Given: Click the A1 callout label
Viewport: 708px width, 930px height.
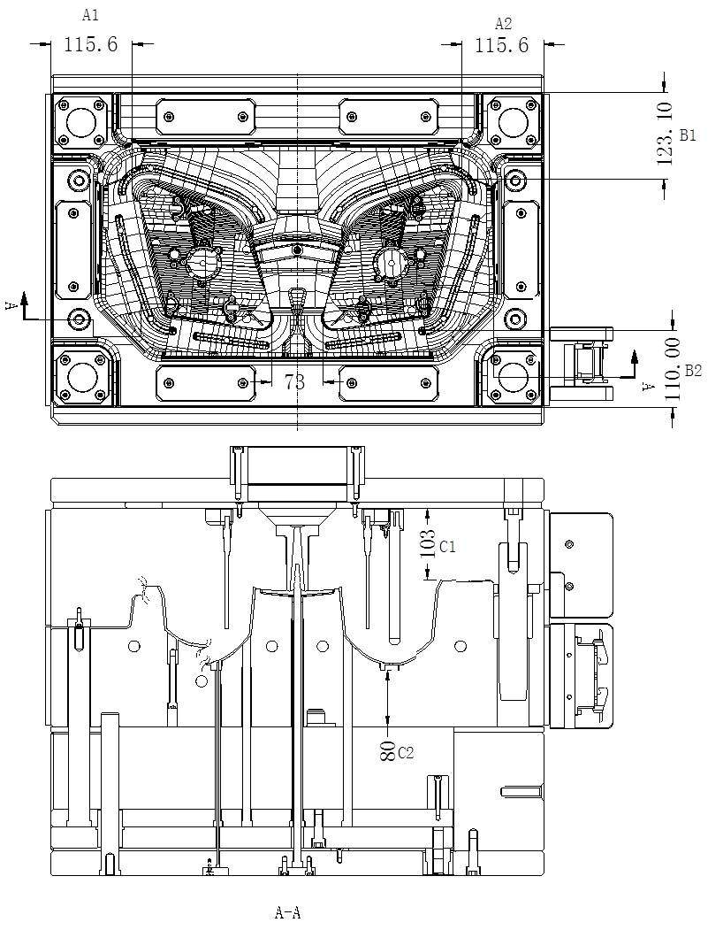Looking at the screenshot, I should [90, 15].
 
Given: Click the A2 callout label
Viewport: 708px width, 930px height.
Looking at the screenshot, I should [503, 23].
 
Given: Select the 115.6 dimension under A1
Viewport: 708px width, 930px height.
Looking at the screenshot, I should [91, 44].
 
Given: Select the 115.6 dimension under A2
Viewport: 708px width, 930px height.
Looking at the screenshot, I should [501, 45].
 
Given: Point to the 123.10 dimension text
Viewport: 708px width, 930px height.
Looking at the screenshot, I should [666, 133].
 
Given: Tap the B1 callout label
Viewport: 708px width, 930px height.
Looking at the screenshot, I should [689, 135].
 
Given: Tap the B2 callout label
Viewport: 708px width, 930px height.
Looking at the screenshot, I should [691, 371].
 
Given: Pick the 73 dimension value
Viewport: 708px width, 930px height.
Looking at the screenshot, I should [270, 381].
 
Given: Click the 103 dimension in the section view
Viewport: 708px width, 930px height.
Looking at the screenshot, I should [428, 542].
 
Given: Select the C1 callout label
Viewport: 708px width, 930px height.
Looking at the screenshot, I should [447, 547].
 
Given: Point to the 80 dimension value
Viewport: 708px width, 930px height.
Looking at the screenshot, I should [387, 752].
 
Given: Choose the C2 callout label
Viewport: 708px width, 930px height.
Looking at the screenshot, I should [406, 753].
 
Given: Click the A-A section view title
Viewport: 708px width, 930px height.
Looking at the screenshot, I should [288, 912].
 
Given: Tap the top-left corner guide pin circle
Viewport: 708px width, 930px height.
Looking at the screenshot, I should [80, 120].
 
